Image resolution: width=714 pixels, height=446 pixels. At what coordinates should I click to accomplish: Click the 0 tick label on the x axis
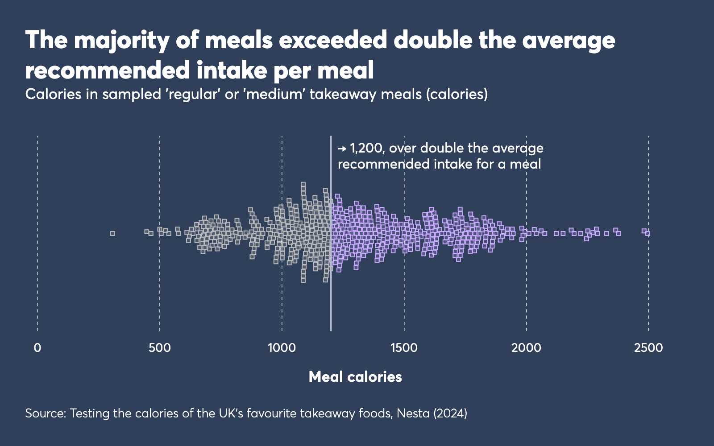[x=37, y=347]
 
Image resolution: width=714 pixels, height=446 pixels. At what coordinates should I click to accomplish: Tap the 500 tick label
[x=159, y=347]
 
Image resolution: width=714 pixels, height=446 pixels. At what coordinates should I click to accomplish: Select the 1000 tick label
[x=282, y=347]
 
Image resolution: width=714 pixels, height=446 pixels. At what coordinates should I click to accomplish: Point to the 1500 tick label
[x=404, y=347]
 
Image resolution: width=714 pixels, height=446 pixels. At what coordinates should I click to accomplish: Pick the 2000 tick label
[x=526, y=347]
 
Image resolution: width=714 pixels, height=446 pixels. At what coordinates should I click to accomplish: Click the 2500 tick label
[x=648, y=347]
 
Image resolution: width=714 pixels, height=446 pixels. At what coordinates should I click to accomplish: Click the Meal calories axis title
[x=355, y=377]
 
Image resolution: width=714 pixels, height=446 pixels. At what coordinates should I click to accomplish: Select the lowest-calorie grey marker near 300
[x=112, y=233]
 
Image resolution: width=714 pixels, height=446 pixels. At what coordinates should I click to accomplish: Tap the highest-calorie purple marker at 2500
[x=648, y=233]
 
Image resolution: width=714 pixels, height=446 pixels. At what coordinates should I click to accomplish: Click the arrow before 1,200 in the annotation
[x=342, y=148]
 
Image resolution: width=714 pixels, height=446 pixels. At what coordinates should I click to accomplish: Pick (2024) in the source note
[x=450, y=413]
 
